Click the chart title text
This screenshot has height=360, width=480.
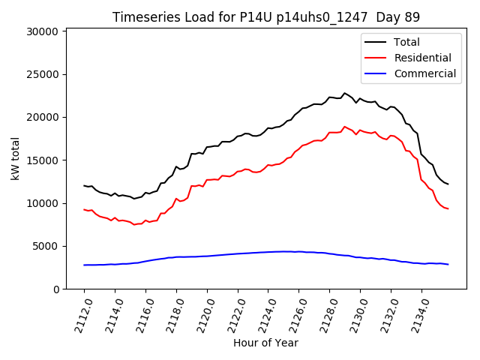pos(266,17)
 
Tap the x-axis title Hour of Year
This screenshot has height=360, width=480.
pos(266,343)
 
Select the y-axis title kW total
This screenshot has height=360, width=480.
pos(15,158)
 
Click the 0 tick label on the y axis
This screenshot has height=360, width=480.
pos(55,289)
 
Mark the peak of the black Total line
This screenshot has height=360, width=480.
pos(345,93)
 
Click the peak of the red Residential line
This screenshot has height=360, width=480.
pos(345,127)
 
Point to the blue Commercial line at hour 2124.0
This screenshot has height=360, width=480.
pos(268,252)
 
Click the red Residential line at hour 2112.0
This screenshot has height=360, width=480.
pos(84,209)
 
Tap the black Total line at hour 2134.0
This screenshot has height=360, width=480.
pos(421,154)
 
